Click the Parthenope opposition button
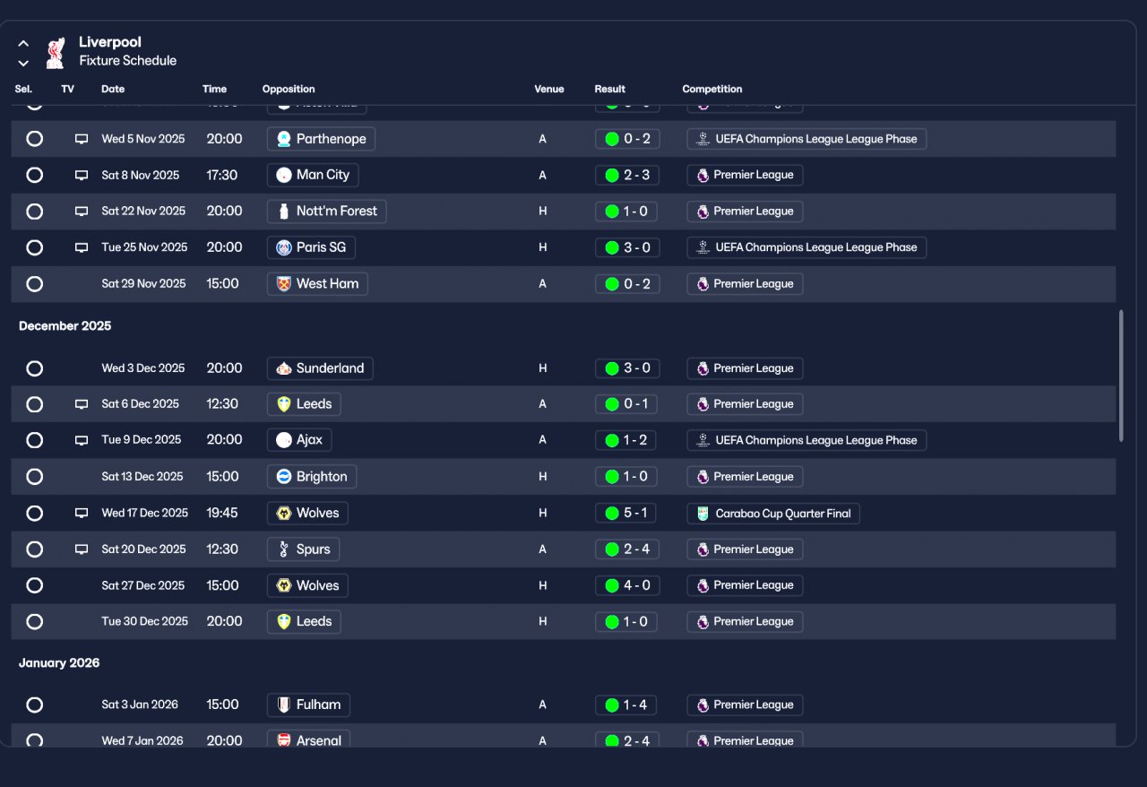point(321,139)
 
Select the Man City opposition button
point(313,175)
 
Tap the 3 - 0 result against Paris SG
point(627,247)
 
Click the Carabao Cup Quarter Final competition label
point(773,514)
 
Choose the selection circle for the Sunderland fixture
point(34,368)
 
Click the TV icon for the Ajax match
point(82,440)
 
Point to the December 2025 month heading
point(65,326)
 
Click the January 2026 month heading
point(59,663)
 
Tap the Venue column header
point(549,90)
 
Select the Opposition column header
point(289,90)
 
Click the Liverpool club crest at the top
point(56,52)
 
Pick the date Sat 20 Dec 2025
point(143,549)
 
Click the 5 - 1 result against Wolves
point(626,514)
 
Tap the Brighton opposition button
point(312,477)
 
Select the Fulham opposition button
point(308,705)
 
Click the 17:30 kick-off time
point(222,175)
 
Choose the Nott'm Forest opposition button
point(327,212)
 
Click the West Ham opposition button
point(317,284)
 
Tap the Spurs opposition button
point(303,549)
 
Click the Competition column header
point(712,90)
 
